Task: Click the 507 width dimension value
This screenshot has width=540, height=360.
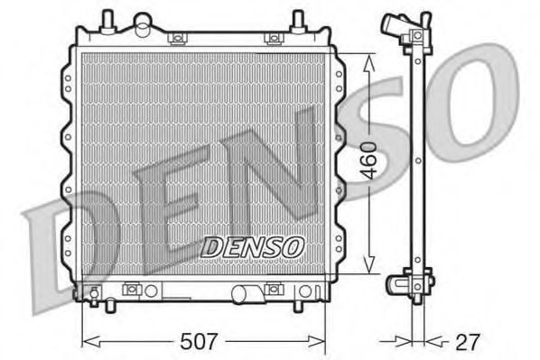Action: pos(199,341)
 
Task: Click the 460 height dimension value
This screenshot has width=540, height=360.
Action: pos(370,160)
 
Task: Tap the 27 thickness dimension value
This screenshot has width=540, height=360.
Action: pos(468,342)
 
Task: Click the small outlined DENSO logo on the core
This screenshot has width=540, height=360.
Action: pos(253,247)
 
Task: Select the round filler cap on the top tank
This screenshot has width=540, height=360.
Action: pos(143,23)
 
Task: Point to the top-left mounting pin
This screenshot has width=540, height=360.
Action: pos(107,22)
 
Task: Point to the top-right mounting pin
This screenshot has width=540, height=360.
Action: pos(298,22)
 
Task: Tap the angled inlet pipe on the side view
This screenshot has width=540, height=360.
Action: pos(393,24)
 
